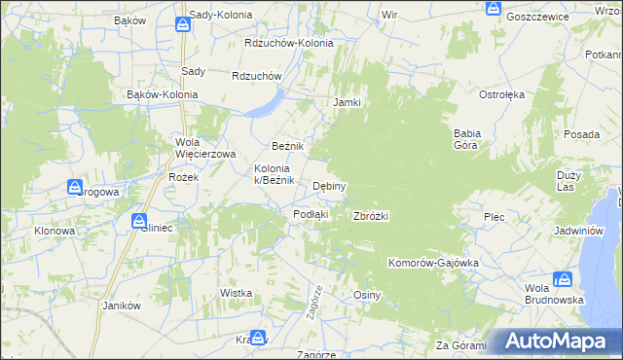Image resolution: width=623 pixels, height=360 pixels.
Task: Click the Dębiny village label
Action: [x=330, y=186]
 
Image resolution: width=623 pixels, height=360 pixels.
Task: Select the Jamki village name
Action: [x=348, y=102]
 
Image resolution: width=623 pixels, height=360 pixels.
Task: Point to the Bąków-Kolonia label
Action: [x=163, y=94]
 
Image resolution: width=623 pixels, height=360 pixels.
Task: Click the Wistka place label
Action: [x=237, y=293]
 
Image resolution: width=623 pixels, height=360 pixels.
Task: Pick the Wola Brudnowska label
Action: [x=554, y=294]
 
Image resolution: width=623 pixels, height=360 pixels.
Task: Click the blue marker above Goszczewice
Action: [x=493, y=10]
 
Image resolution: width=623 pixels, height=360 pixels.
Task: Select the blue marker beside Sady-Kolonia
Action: [x=181, y=24]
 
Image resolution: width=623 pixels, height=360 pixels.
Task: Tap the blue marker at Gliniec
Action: [x=139, y=222]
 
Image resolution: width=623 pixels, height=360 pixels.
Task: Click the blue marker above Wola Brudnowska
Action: [x=562, y=280]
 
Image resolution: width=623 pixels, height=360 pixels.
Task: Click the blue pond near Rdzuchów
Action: [x=265, y=103]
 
